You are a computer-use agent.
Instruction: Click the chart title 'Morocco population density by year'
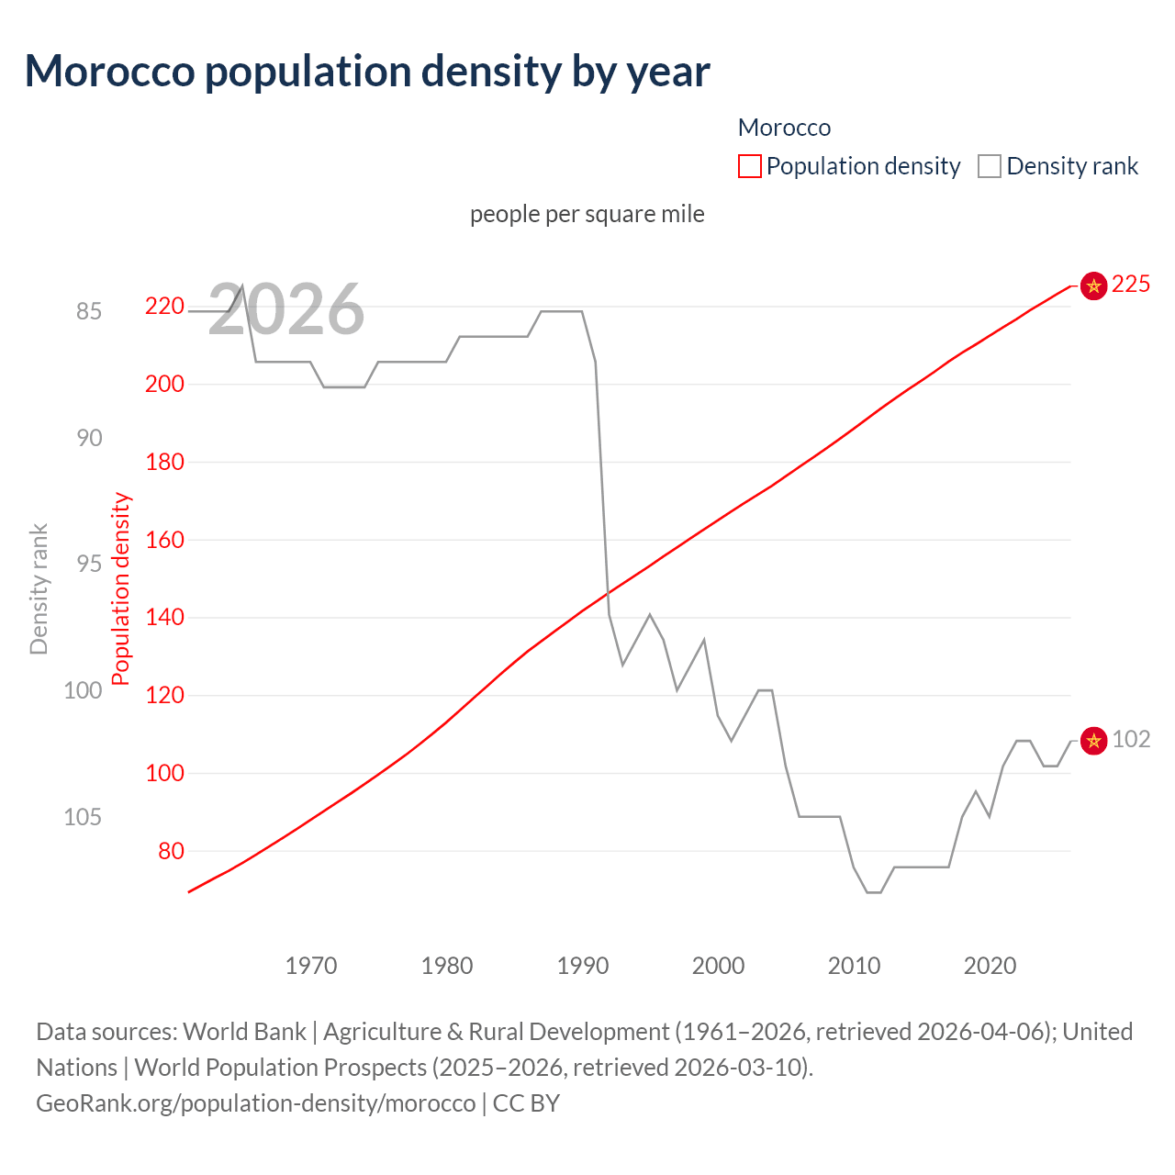point(367,72)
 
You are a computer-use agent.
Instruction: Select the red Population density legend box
point(750,166)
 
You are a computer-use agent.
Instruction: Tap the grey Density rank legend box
point(989,166)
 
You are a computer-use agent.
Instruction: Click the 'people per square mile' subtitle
point(587,214)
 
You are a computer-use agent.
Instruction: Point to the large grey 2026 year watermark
point(286,309)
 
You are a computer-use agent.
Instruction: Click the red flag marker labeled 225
point(1093,285)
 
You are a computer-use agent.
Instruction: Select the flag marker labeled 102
point(1093,740)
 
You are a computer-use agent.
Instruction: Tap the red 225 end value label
point(1131,285)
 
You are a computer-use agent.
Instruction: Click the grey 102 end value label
point(1131,739)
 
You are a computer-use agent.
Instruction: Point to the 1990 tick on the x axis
point(583,966)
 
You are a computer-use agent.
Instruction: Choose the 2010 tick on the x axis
point(854,966)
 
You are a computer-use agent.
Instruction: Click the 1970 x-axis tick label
point(311,966)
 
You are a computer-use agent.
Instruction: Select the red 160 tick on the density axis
point(164,540)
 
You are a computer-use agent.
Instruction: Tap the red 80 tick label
point(171,851)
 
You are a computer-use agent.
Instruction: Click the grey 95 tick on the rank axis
point(89,564)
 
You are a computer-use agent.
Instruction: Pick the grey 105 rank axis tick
point(83,817)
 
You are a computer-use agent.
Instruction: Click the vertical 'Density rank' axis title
point(39,589)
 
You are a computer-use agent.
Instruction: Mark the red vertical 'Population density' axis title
point(121,589)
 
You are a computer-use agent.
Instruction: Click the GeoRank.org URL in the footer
point(256,1102)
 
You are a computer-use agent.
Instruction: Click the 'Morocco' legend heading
point(784,128)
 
